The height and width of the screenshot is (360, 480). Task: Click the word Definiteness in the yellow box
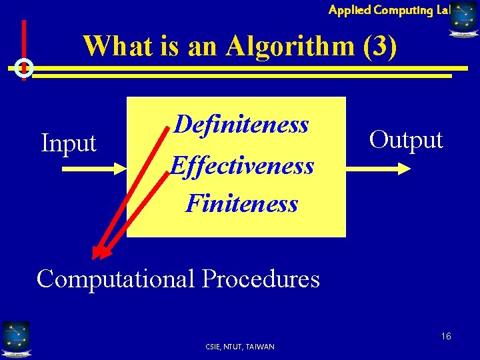coord(241,125)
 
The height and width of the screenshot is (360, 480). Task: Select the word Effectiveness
coord(241,165)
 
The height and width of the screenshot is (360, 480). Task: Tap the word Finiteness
coord(241,203)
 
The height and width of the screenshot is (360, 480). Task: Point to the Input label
coord(69,143)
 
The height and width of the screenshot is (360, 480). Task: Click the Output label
coord(406,140)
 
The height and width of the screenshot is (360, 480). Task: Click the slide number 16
coord(445,336)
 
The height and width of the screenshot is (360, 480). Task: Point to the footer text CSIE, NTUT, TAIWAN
coord(241,346)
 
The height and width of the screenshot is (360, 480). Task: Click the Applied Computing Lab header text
coord(389,9)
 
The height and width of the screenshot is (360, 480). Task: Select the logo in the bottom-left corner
coord(15,338)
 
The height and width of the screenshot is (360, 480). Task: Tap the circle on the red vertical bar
coord(24,67)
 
